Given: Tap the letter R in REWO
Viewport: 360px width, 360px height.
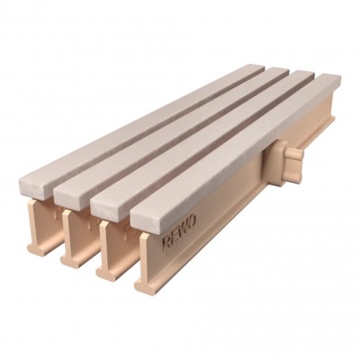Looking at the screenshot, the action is pos(166,242).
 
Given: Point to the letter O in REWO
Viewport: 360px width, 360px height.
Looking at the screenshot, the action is pos(192,220).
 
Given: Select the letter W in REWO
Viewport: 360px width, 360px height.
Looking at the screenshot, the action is pos(184,228).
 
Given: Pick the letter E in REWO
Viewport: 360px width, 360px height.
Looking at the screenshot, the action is pos(175,235).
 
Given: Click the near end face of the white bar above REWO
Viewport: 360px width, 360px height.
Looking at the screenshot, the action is pos(144,222).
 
